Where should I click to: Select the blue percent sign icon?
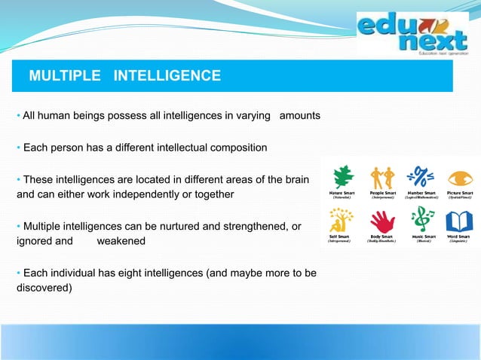[420, 177]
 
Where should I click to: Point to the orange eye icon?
[458, 178]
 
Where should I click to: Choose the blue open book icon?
[459, 221]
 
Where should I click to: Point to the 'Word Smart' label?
[459, 236]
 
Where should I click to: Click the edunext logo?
[412, 35]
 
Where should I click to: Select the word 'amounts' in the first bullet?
[300, 116]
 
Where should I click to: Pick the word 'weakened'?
[121, 240]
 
